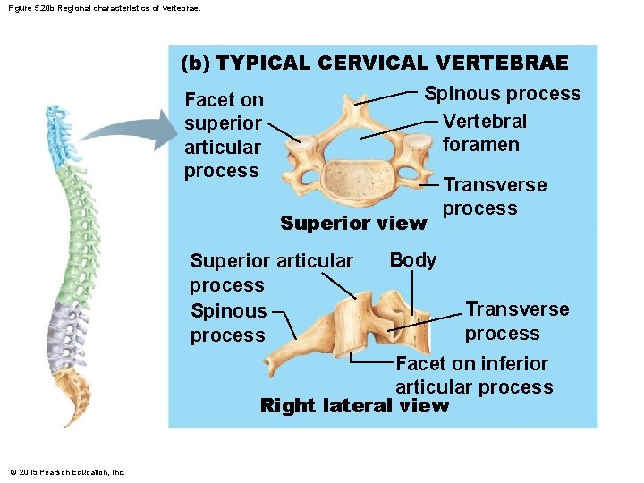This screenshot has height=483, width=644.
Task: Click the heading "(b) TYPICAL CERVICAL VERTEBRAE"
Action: pos(374,64)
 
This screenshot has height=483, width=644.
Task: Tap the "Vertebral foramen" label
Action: pos(485,132)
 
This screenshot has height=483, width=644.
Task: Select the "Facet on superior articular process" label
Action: pos(224,135)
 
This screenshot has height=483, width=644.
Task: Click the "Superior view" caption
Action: pos(353,223)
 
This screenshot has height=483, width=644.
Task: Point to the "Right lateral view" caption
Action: pos(354,406)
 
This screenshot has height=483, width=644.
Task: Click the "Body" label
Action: pos(413,260)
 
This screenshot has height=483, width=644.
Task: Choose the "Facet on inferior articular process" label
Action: pos(474,375)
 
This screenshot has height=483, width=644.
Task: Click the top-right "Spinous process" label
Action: pos(502,94)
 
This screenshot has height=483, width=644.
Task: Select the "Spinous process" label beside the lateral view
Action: pos(228,323)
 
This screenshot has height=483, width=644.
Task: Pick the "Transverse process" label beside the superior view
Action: pos(495,196)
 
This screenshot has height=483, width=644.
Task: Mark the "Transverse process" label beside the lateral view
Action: pos(516,321)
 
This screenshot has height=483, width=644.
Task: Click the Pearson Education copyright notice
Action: pos(68,472)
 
